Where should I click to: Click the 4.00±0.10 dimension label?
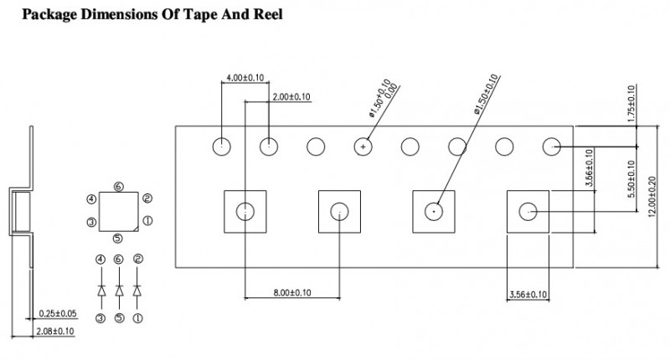pos(243,77)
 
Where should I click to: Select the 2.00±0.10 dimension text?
pos(292,97)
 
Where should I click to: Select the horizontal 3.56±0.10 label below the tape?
pos(528,294)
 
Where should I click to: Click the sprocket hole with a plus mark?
pos(363,147)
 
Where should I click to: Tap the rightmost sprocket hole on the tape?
pos(551,147)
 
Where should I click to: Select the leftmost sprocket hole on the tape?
pos(221,147)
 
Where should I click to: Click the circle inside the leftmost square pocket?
pos(245,211)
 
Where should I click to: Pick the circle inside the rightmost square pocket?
pos(528,211)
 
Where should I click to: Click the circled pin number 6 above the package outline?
pos(118,186)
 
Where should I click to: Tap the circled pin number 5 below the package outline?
pos(118,238)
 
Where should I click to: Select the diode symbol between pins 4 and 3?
pos(101,290)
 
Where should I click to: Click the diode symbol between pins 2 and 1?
pos(137,290)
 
